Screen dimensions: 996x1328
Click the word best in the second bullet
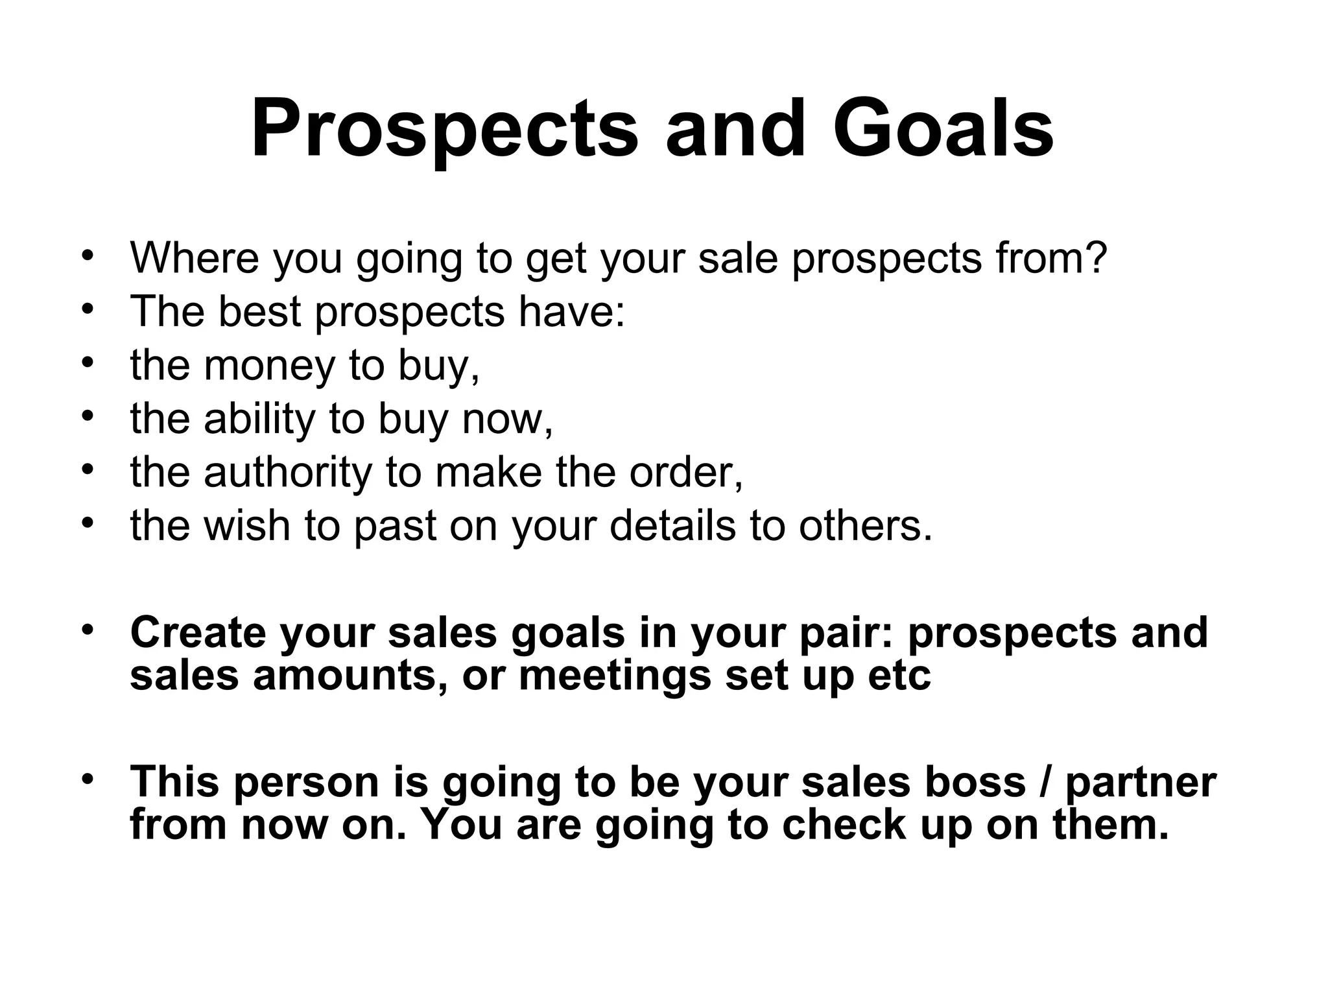point(259,311)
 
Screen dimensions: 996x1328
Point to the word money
point(269,365)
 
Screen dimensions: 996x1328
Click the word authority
point(287,472)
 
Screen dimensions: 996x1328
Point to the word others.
point(866,525)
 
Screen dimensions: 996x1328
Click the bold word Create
point(198,632)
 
